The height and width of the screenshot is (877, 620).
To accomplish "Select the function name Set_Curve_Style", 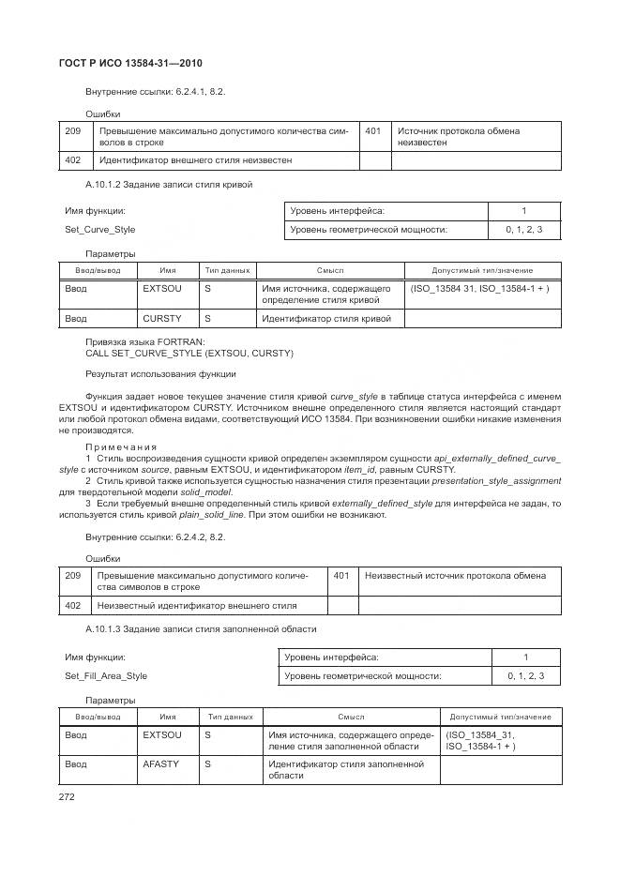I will pyautogui.click(x=99, y=229).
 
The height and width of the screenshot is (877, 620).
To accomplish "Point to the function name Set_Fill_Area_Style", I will pyautogui.click(x=106, y=675).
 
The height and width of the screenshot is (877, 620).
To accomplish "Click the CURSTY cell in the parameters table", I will pyautogui.click(x=161, y=319).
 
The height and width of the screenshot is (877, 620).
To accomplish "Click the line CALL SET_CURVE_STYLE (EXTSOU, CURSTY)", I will pyautogui.click(x=189, y=354).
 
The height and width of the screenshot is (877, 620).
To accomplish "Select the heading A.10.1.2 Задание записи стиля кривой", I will pyautogui.click(x=169, y=185).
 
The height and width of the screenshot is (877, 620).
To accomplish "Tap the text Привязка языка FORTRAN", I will pyautogui.click(x=144, y=342).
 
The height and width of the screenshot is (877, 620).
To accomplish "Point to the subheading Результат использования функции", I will pyautogui.click(x=147, y=374).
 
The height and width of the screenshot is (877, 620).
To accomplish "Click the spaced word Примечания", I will pyautogui.click(x=121, y=446).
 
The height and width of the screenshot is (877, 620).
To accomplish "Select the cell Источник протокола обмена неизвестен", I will pyautogui.click(x=459, y=137).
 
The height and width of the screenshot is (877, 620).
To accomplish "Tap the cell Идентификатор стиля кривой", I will pyautogui.click(x=325, y=319).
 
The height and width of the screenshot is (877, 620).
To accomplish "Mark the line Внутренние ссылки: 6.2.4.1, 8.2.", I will pyautogui.click(x=155, y=92).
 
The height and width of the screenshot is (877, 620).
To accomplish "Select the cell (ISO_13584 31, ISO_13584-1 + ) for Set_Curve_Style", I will pyautogui.click(x=479, y=289).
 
